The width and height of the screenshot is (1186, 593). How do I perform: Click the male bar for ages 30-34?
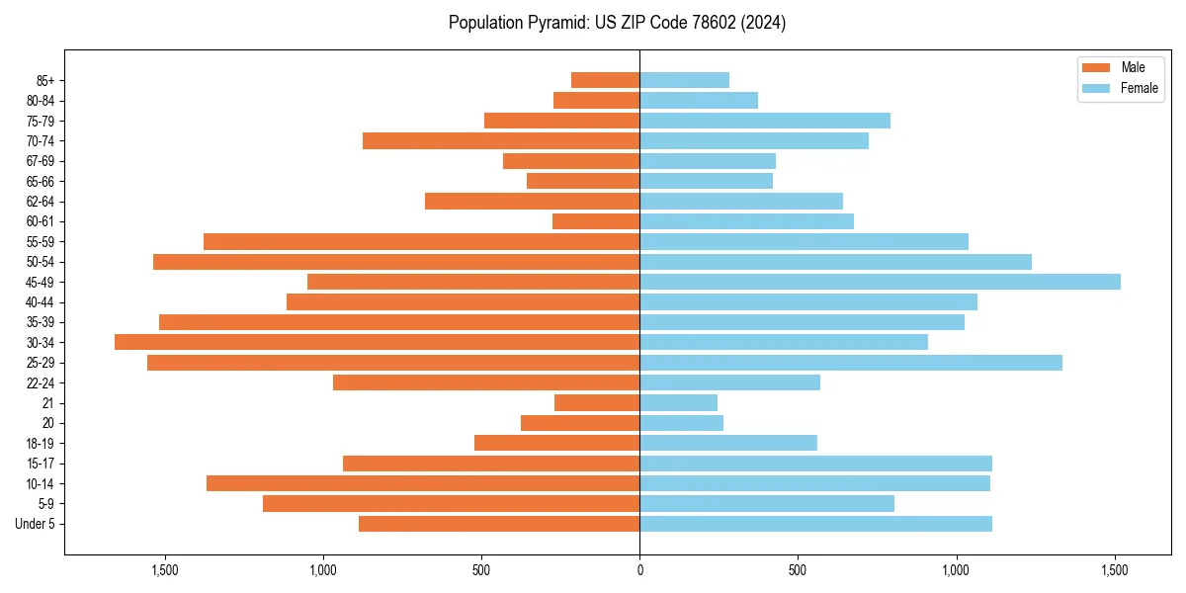point(378,342)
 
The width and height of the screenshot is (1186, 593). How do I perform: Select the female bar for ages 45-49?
point(880,282)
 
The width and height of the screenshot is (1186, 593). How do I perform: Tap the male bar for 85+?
point(605,80)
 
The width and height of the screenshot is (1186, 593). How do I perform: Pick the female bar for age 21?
point(678,402)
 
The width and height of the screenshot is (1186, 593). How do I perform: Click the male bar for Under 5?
point(499,524)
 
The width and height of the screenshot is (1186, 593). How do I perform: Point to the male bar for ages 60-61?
point(596,221)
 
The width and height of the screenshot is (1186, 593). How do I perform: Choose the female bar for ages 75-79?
point(765,121)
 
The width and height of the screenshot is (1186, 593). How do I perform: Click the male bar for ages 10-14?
point(423,483)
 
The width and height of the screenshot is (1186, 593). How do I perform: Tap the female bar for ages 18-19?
point(728,443)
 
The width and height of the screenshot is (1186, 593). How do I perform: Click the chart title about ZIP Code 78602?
point(617,23)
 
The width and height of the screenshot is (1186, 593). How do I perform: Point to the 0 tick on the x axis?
point(639,570)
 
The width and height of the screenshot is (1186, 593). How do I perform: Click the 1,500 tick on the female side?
point(1115,570)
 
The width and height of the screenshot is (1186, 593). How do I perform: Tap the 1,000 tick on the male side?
point(323,570)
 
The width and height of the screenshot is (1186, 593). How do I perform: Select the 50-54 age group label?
point(41,262)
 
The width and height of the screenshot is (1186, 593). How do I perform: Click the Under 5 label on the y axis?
point(35,524)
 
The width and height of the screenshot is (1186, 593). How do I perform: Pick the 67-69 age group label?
point(41,161)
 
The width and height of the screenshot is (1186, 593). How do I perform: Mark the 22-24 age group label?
point(41,382)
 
